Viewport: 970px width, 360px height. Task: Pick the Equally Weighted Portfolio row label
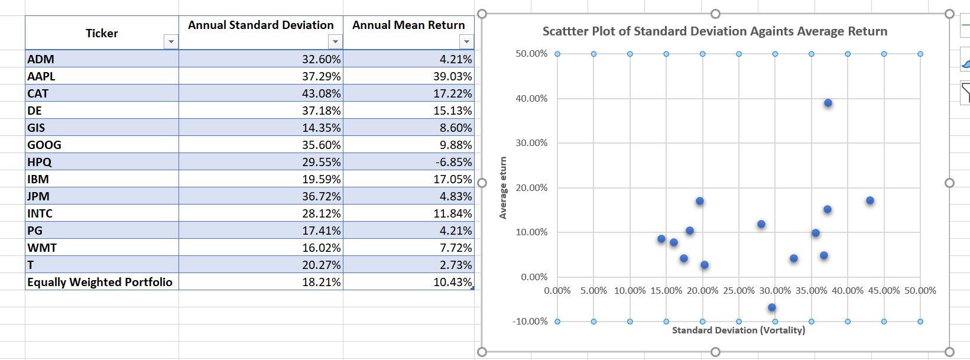(100, 282)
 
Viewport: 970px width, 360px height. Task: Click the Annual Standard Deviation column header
(261, 25)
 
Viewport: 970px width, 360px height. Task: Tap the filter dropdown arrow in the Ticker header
(171, 41)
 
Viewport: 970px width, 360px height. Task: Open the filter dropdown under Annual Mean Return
(466, 41)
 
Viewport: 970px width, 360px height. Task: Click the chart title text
(715, 31)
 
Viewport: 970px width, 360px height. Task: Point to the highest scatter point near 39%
(828, 103)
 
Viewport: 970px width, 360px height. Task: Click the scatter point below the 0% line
(772, 307)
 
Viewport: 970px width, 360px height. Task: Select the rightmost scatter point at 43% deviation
(870, 200)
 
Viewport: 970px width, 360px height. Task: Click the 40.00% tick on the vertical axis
(531, 99)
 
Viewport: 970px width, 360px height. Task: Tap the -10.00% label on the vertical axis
(530, 322)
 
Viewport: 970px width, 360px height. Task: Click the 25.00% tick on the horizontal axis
(738, 291)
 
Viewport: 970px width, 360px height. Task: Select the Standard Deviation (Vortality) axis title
(738, 330)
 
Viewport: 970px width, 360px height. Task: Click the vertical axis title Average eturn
(503, 187)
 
